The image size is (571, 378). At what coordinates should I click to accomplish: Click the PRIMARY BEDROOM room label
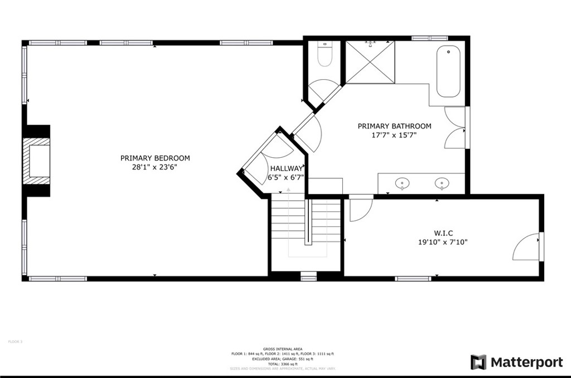(155, 158)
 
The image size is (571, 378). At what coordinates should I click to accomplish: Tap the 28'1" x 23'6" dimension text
(155, 167)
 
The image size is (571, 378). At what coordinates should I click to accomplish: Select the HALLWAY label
(286, 168)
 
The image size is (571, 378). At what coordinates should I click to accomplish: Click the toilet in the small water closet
(324, 55)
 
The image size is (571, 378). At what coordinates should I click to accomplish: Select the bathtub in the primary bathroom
(448, 72)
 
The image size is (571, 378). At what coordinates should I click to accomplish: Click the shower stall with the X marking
(370, 62)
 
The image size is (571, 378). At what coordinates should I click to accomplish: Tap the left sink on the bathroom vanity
(401, 183)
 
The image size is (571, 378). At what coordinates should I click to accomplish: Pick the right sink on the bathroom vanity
(442, 183)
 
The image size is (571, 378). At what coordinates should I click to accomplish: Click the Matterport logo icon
(478, 362)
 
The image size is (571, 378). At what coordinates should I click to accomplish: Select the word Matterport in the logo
(526, 362)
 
